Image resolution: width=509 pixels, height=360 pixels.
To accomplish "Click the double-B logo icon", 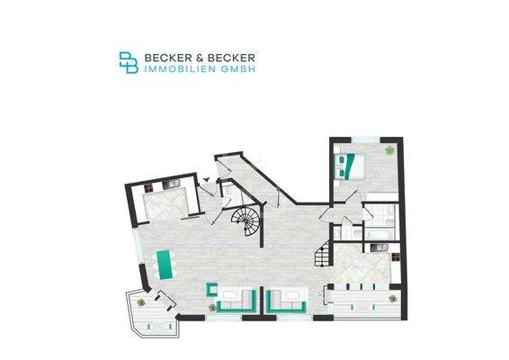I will point(129,61).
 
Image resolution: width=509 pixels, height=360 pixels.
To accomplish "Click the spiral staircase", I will point(245,220).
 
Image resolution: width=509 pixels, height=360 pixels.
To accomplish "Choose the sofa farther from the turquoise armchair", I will point(288,298).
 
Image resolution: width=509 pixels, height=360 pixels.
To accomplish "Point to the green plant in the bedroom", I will point(388,150).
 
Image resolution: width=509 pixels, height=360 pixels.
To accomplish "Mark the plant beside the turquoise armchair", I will point(212,308).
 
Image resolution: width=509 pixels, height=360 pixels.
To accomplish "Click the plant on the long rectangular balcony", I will point(388,293).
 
